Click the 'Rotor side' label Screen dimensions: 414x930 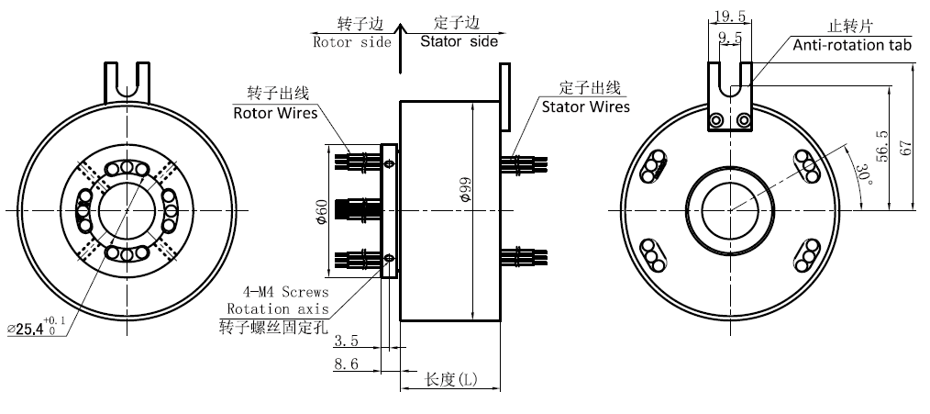point(352,41)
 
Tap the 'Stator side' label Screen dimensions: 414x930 point(459,41)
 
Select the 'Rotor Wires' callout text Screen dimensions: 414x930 point(275,114)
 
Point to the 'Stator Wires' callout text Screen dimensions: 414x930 point(585,106)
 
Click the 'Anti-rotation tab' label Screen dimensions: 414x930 point(851,44)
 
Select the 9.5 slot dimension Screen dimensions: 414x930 point(731,38)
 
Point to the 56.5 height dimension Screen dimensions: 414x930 point(883,147)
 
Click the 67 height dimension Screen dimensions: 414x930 point(907,147)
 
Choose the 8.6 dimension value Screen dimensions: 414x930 point(346,364)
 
